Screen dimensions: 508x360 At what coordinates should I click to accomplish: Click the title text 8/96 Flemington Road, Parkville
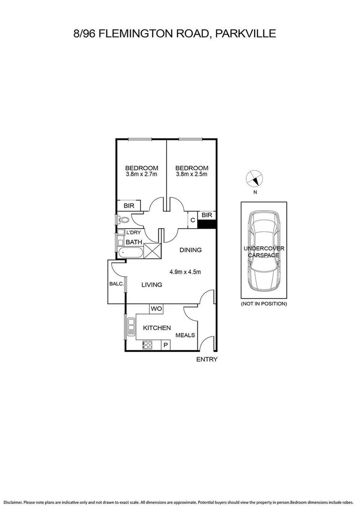[x=174, y=34]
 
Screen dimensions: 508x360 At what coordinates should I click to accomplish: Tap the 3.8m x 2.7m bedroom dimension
[x=141, y=175]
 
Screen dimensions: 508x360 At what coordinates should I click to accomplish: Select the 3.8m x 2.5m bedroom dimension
[x=192, y=175]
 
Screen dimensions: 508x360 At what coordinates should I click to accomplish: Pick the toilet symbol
[x=121, y=220]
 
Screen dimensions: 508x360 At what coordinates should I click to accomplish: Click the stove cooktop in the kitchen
[x=148, y=345]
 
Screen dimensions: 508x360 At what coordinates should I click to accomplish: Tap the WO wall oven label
[x=156, y=309]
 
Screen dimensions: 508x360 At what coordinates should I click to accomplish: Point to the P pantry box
[x=166, y=345]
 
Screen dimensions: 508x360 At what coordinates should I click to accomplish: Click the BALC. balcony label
[x=117, y=283]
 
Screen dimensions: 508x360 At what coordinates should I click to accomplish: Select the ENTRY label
[x=206, y=360]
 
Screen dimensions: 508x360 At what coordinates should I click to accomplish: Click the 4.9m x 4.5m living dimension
[x=185, y=272]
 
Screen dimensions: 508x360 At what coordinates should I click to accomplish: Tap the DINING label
[x=190, y=250]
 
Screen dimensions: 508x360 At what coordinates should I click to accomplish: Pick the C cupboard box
[x=193, y=220]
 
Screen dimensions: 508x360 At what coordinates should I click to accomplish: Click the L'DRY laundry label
[x=134, y=233]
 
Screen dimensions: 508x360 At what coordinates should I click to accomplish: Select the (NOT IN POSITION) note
[x=264, y=304]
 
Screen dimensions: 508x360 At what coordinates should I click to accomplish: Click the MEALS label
[x=185, y=335]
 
